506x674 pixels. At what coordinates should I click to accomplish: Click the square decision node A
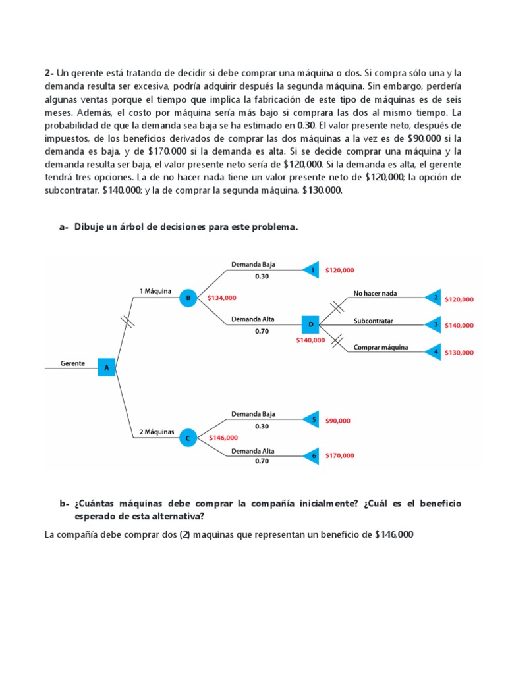[x=107, y=367]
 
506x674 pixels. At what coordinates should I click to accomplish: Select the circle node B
[x=188, y=298]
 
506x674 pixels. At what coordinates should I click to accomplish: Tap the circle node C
[x=188, y=437]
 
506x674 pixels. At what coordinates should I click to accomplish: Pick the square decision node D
[x=310, y=324]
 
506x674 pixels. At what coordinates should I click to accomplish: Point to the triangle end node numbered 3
[x=434, y=324]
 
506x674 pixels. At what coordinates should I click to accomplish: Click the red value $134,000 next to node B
[x=221, y=298]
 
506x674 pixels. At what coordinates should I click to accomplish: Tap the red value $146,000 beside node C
[x=223, y=437]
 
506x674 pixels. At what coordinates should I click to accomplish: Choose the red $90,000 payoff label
[x=338, y=420]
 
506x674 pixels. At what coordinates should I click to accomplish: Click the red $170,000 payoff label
[x=339, y=455]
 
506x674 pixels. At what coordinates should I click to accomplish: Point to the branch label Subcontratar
[x=373, y=321]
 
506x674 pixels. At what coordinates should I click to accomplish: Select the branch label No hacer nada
[x=376, y=293]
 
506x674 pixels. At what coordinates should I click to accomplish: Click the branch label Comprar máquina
[x=381, y=347]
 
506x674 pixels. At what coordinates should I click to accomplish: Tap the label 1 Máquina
[x=155, y=290]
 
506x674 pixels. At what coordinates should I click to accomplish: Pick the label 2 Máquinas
[x=157, y=432]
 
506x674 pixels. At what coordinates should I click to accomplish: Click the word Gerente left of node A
[x=72, y=363]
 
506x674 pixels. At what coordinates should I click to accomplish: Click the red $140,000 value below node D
[x=310, y=340]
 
